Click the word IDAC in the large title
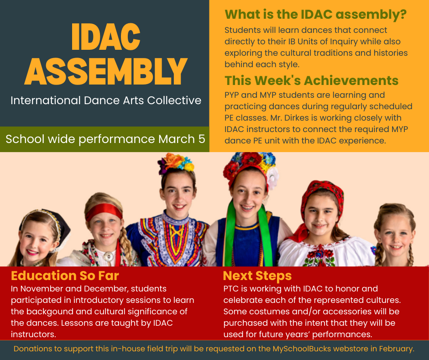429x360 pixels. tap(106, 37)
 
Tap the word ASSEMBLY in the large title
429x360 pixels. tap(106, 71)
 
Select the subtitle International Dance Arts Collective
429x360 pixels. tap(106, 101)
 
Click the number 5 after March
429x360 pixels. tap(202, 139)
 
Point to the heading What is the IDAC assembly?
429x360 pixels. tap(315, 15)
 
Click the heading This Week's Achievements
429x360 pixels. tap(311, 80)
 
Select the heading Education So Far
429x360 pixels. tap(65, 275)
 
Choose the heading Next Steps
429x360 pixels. tap(257, 276)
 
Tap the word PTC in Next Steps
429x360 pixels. tap(231, 289)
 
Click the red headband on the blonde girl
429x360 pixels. tap(104, 211)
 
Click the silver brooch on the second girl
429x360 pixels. tap(109, 256)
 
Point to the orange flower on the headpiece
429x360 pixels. tap(173, 161)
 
